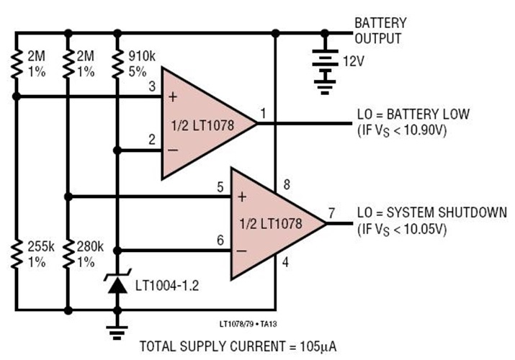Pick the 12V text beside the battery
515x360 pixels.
point(353,62)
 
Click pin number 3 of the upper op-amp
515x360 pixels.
point(152,87)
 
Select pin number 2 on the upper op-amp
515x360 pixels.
point(152,139)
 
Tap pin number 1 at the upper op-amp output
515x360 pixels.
point(262,112)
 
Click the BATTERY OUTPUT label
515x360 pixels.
point(380,30)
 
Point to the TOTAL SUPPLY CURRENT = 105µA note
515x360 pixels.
point(238,346)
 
